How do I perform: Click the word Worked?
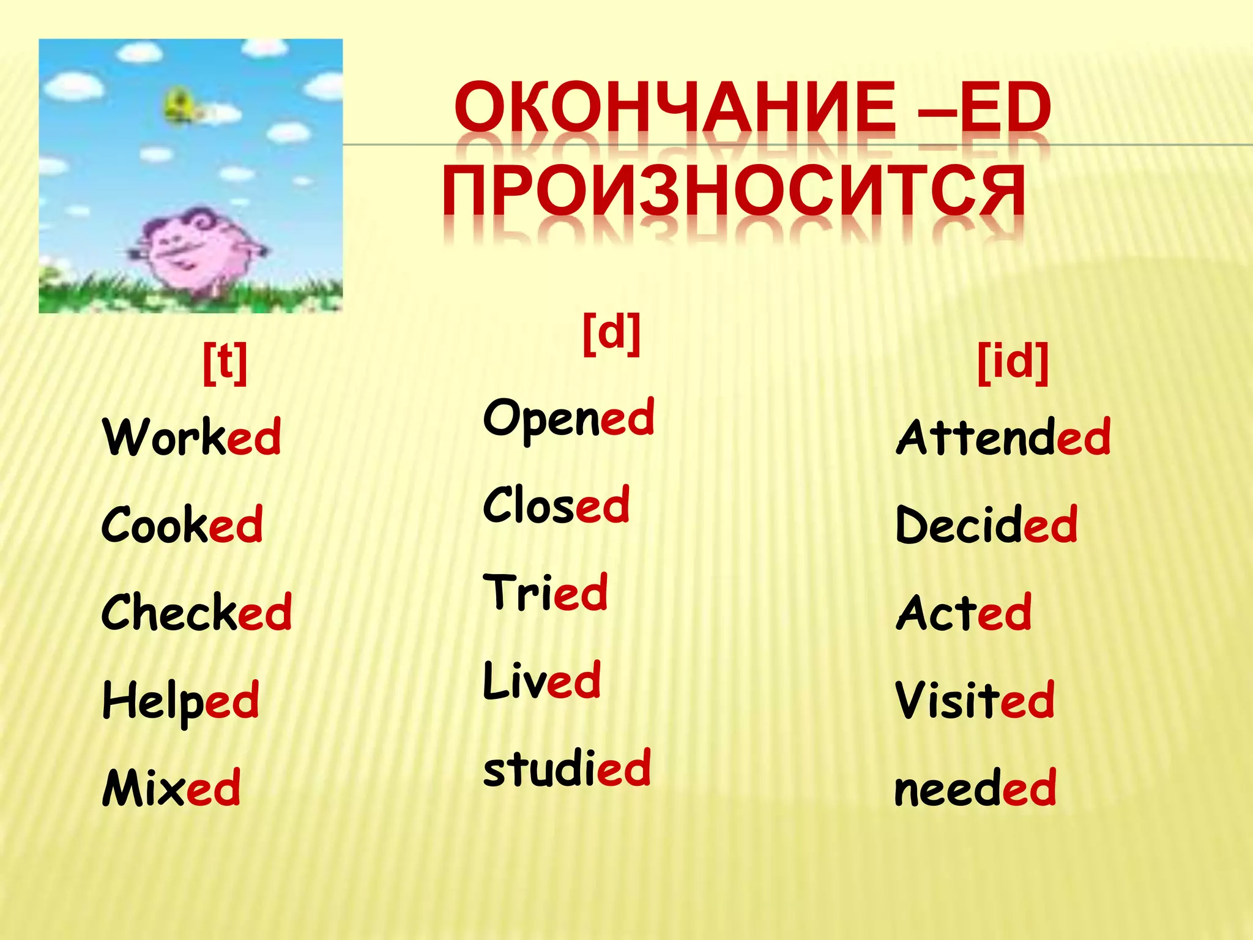(x=192, y=437)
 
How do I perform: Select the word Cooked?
(x=182, y=525)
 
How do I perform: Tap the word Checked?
(x=196, y=613)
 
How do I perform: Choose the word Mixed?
(x=171, y=788)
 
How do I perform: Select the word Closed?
(x=556, y=505)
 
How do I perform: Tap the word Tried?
(x=545, y=592)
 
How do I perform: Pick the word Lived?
(x=542, y=681)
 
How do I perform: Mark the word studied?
(x=567, y=769)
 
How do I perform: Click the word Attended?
(x=1003, y=437)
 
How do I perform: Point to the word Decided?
(x=986, y=525)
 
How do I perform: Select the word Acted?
(x=964, y=613)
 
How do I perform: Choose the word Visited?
(x=975, y=700)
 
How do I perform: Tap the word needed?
(x=975, y=788)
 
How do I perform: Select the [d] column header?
(x=611, y=333)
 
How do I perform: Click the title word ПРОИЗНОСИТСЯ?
(x=733, y=191)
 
